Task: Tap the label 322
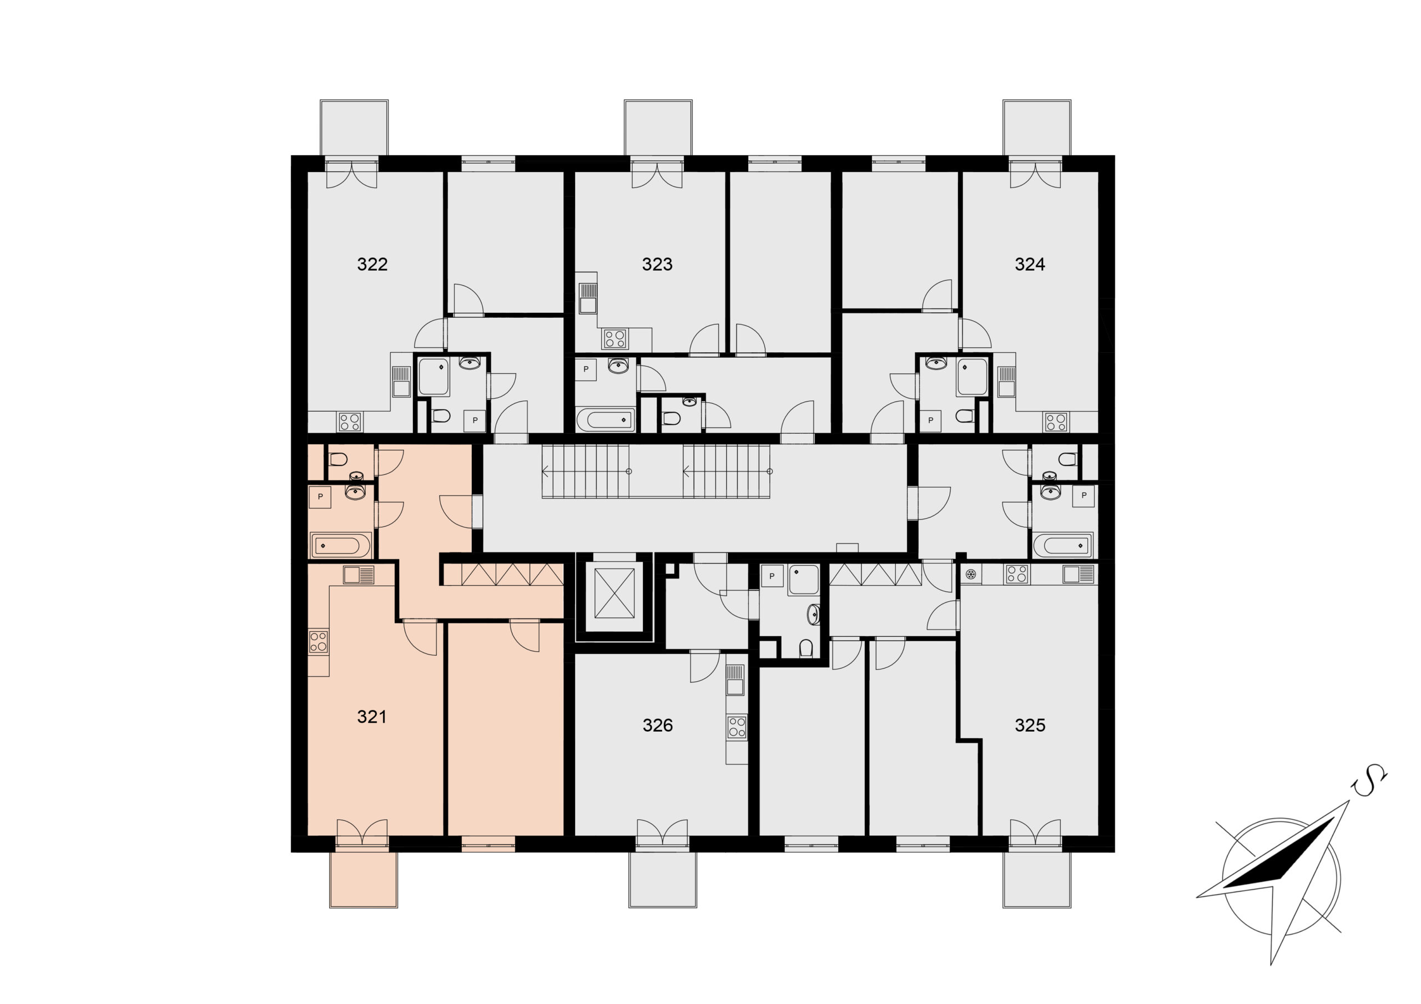coord(372,264)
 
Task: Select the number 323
coord(657,264)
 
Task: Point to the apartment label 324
coord(1030,264)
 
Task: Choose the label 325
coord(1030,725)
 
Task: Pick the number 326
coord(657,725)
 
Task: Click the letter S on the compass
coord(1369,783)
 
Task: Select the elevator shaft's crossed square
coord(614,593)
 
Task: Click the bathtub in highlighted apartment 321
coord(340,546)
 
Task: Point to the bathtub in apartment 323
coord(605,420)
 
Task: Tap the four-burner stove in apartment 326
coord(737,727)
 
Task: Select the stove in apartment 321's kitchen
coord(318,641)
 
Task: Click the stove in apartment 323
coord(615,338)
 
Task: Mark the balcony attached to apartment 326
coord(663,879)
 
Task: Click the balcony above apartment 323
coord(658,128)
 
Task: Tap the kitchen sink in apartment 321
coord(359,575)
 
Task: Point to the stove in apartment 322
coord(350,423)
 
